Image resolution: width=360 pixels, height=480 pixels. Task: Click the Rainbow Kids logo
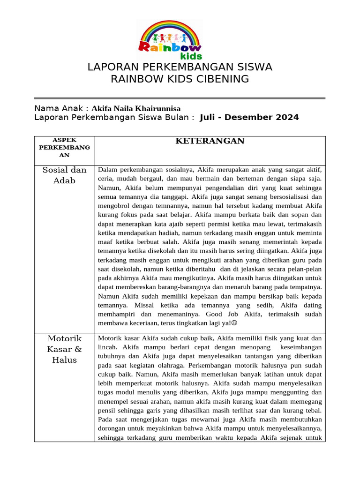(x=170, y=39)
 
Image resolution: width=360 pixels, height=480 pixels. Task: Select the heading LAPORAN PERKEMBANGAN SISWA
(x=180, y=67)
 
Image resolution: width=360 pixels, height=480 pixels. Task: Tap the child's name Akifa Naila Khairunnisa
(x=136, y=108)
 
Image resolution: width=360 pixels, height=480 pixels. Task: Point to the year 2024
(x=285, y=117)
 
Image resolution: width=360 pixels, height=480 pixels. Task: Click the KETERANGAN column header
(x=210, y=141)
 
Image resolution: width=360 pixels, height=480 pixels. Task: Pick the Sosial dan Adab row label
(x=64, y=175)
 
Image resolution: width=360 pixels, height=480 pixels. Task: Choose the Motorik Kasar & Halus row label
(x=64, y=349)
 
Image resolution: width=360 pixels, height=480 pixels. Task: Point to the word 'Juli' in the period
(x=208, y=117)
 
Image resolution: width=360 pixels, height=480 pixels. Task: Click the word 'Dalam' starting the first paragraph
(x=107, y=170)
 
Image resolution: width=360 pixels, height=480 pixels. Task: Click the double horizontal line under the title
(x=180, y=98)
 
